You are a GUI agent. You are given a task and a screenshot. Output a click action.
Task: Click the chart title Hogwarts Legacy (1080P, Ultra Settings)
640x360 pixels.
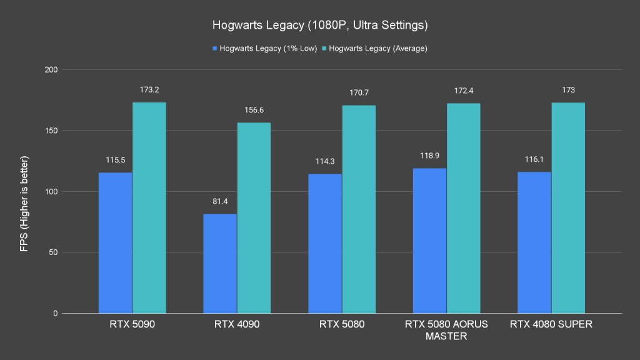[x=319, y=26]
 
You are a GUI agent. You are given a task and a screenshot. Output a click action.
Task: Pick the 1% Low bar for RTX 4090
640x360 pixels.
[x=220, y=263]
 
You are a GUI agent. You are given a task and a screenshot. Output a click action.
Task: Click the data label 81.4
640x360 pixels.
[x=220, y=201]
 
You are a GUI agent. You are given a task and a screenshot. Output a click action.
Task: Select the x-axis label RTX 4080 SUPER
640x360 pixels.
[x=551, y=324]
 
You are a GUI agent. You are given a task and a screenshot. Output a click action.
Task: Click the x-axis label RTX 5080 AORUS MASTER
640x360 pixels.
[x=446, y=330]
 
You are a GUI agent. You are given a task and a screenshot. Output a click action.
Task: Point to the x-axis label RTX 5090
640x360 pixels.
[x=132, y=324]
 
